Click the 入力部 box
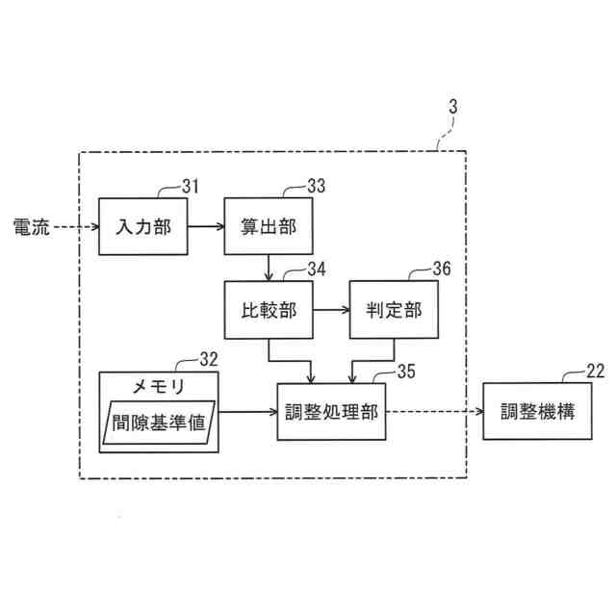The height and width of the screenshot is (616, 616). pos(143,227)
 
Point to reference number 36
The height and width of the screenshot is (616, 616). pos(440,269)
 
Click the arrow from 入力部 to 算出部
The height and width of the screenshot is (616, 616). pos(205,227)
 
